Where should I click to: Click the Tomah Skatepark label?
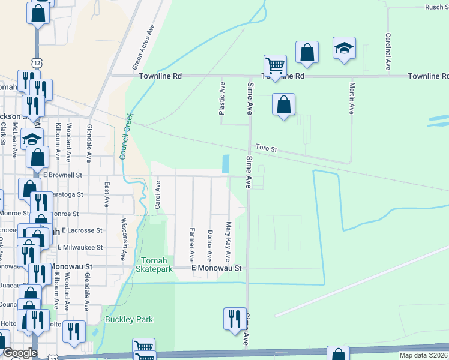[157, 265]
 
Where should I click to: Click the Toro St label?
[265, 147]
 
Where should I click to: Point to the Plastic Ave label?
[221, 98]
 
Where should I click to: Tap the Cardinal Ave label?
[388, 49]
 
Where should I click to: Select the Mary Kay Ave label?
[228, 241]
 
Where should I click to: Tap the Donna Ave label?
[209, 245]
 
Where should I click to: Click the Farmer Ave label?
[192, 244]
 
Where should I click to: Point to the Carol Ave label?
[158, 195]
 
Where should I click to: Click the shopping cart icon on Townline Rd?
[274, 65]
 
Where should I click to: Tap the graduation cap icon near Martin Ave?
[345, 49]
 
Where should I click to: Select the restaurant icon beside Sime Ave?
[234, 318]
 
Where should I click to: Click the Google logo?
[20, 353]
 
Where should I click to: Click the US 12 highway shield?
[37, 63]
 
